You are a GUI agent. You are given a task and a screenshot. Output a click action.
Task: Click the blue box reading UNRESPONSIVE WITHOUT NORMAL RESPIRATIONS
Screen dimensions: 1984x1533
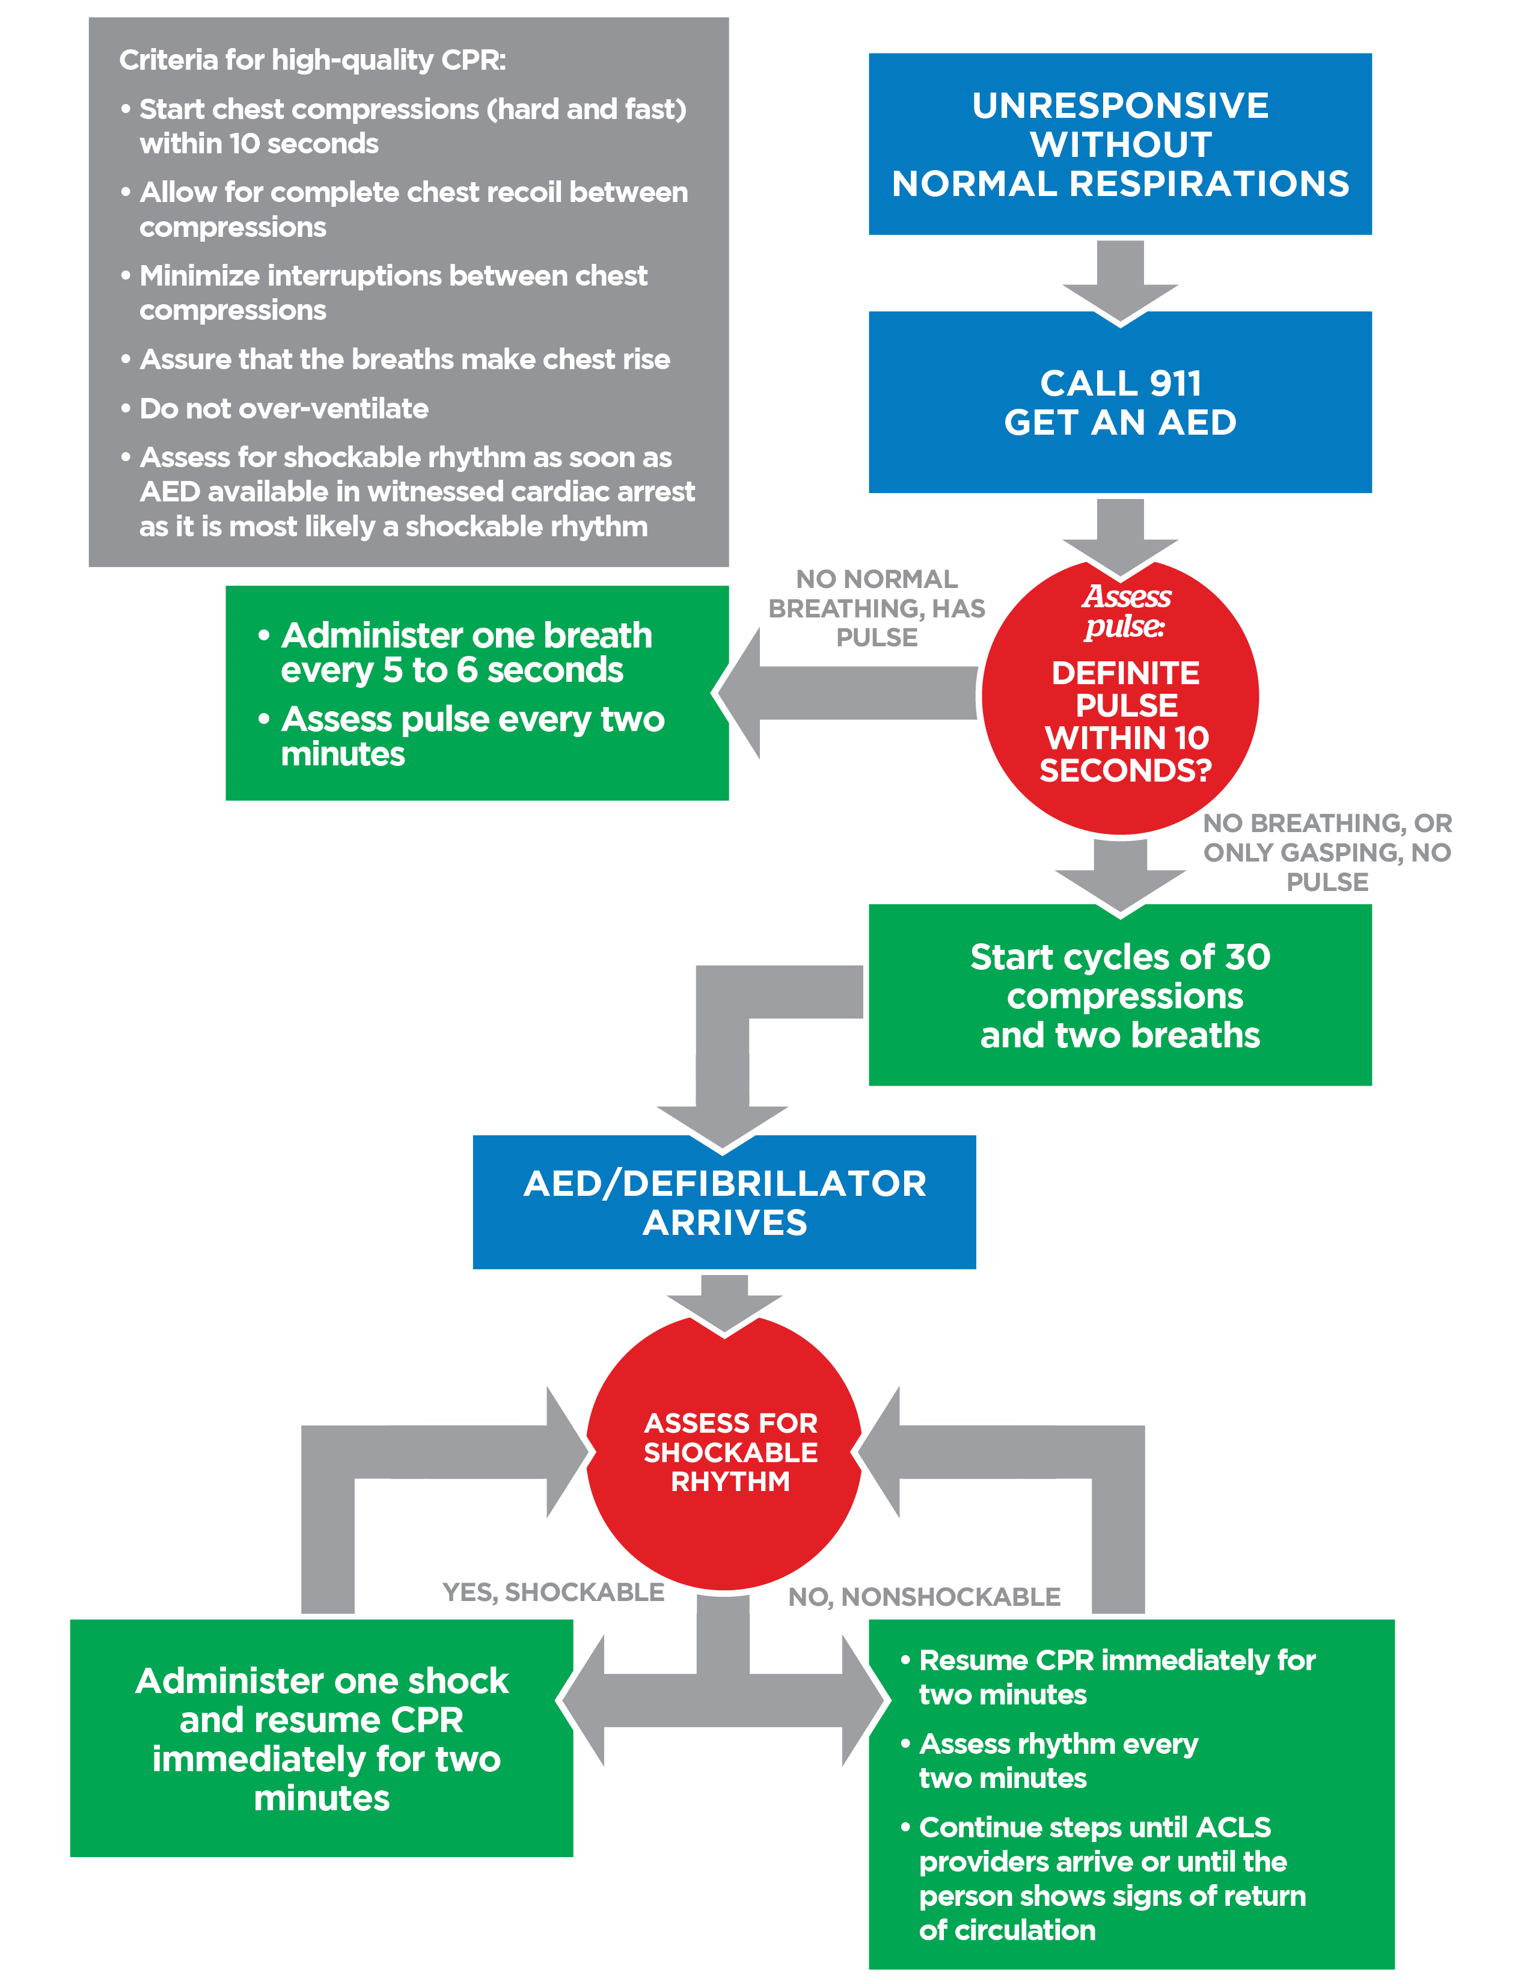(1120, 144)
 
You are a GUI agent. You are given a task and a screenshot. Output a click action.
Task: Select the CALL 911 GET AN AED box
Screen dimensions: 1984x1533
(1120, 402)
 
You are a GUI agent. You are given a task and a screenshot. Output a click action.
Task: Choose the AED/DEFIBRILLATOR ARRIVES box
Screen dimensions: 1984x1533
(724, 1202)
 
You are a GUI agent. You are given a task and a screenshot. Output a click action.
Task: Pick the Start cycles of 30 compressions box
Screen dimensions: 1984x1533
(1120, 996)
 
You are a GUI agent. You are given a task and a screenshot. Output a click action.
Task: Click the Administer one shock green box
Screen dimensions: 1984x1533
(322, 1739)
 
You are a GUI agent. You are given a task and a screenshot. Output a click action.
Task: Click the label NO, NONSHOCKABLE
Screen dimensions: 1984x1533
(923, 1597)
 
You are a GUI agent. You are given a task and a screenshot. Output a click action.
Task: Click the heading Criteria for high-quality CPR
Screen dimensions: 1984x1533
(313, 60)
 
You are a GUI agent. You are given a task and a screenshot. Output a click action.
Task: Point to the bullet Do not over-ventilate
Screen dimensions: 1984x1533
(283, 409)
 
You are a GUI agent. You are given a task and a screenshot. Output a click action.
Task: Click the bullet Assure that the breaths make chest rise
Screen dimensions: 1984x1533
(404, 360)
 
